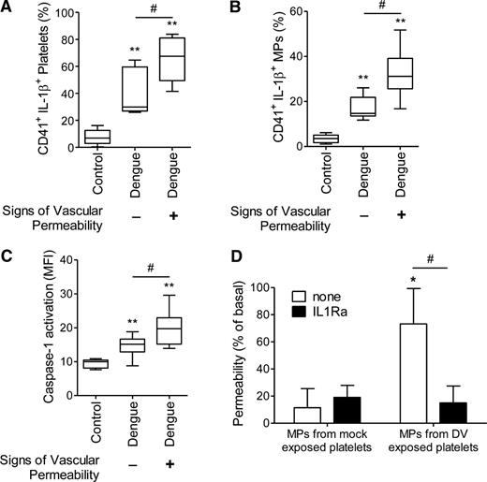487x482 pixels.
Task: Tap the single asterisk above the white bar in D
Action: click(384, 280)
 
